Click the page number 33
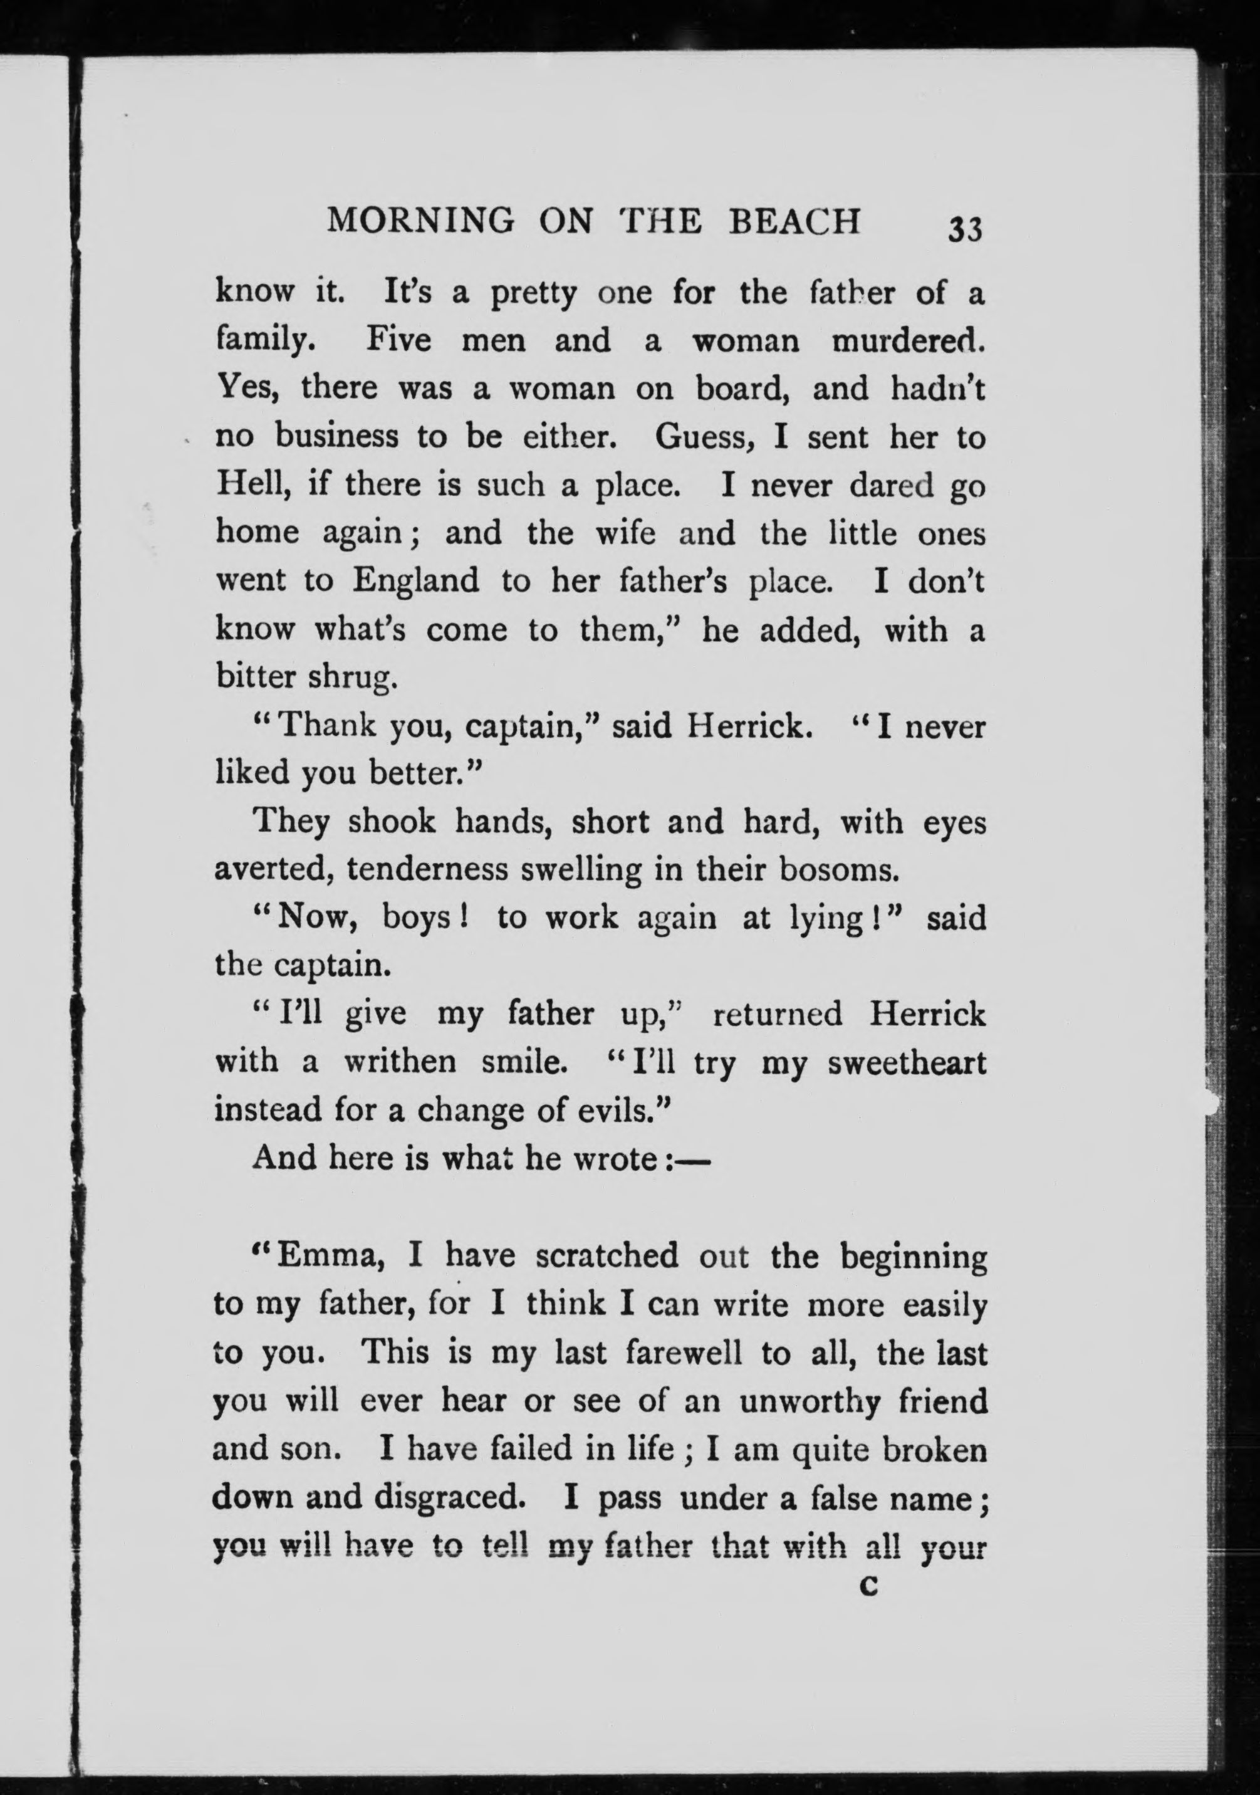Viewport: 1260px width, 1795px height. point(964,230)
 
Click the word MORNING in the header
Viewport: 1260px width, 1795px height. point(421,222)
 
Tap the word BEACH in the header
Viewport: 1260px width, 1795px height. point(794,222)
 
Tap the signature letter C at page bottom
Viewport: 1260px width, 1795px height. point(868,1586)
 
